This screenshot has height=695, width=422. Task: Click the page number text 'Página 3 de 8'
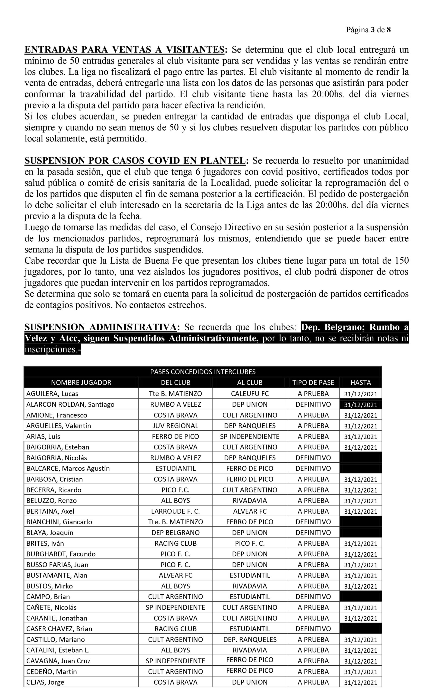pyautogui.click(x=368, y=30)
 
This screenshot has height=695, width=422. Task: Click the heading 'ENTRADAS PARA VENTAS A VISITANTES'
pyautogui.click(x=125, y=50)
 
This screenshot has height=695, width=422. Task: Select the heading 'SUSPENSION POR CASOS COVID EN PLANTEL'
pyautogui.click(x=135, y=161)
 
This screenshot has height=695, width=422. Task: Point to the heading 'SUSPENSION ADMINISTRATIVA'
pyautogui.click(x=100, y=327)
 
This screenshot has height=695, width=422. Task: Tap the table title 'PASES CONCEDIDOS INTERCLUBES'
pyautogui.click(x=203, y=372)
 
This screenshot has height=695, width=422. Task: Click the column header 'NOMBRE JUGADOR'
pyautogui.click(x=81, y=383)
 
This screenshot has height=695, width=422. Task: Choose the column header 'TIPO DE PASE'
pyautogui.click(x=313, y=383)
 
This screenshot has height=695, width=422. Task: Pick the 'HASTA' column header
pyautogui.click(x=361, y=383)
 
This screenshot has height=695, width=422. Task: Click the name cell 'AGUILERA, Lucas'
pyautogui.click(x=52, y=393)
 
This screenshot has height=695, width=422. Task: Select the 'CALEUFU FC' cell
pyautogui.click(x=250, y=393)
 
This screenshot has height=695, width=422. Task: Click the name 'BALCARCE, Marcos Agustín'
pyautogui.click(x=68, y=469)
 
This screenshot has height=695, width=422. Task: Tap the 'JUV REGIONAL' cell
pyautogui.click(x=175, y=426)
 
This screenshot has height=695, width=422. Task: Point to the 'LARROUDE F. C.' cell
pyautogui.click(x=175, y=511)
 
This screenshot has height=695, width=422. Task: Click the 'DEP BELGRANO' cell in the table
pyautogui.click(x=175, y=533)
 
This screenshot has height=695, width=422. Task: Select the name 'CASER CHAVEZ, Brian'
pyautogui.click(x=59, y=629)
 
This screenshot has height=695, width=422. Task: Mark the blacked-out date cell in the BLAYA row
pyautogui.click(x=361, y=533)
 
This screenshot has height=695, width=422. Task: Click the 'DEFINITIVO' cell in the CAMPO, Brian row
pyautogui.click(x=313, y=596)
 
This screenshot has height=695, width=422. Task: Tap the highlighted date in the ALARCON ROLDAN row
pyautogui.click(x=361, y=405)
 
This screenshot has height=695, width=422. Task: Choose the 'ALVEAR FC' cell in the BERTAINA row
pyautogui.click(x=250, y=511)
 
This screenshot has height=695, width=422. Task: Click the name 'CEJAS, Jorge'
pyautogui.click(x=45, y=682)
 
